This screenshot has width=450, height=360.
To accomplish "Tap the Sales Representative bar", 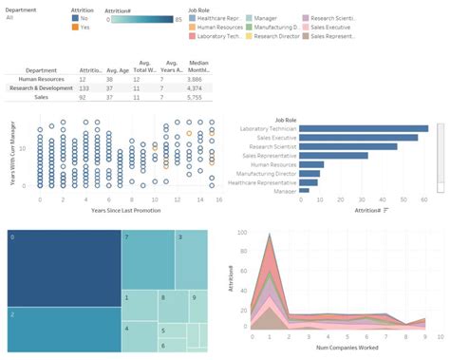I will click(x=333, y=155).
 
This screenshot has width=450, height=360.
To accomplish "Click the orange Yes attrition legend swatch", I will click(x=76, y=27).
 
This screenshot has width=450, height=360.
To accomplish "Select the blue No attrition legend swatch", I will click(x=76, y=18).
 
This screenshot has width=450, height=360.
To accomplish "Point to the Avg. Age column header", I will click(x=118, y=69).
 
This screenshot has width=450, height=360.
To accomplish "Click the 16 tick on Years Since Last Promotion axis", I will click(x=218, y=199).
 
